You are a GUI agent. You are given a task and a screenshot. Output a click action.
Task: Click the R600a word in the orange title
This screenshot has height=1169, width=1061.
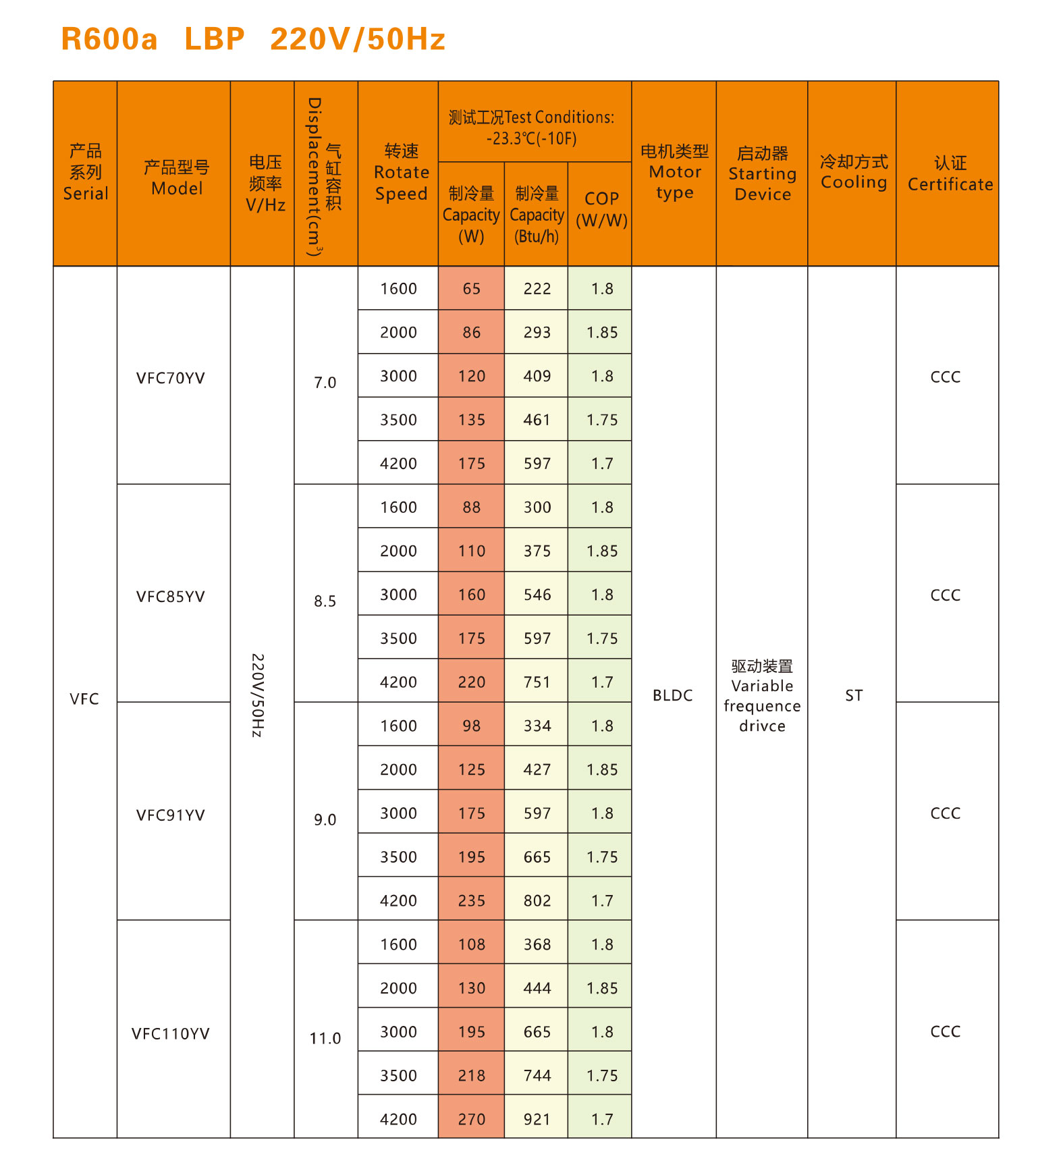pyautogui.click(x=109, y=39)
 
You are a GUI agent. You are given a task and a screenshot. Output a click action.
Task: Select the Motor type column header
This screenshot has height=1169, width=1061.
pyautogui.click(x=674, y=173)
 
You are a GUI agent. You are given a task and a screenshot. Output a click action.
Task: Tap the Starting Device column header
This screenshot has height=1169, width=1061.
pyautogui.click(x=762, y=174)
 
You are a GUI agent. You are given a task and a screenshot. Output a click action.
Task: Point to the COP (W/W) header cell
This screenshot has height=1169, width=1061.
pyautogui.click(x=601, y=210)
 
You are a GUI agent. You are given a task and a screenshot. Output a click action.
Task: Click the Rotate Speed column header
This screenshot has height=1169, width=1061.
pyautogui.click(x=401, y=173)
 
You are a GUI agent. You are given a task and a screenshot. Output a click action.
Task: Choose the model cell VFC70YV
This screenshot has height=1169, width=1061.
pyautogui.click(x=171, y=378)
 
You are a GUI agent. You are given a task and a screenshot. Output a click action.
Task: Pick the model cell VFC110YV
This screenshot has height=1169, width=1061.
pyautogui.click(x=171, y=1033)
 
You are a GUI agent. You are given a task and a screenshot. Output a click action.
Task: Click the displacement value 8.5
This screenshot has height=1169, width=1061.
pyautogui.click(x=325, y=601)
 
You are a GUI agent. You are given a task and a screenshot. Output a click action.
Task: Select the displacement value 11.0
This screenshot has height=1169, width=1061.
pyautogui.click(x=325, y=1038)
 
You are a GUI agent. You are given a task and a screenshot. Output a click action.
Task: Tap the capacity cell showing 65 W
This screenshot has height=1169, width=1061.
pyautogui.click(x=471, y=289)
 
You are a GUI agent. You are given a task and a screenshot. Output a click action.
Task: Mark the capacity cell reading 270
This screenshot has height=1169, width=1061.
pyautogui.click(x=471, y=1119)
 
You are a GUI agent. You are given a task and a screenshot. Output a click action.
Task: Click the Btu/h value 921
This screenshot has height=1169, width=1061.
pyautogui.click(x=537, y=1119)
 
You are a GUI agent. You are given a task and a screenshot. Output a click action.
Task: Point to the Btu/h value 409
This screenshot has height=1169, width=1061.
pyautogui.click(x=537, y=376)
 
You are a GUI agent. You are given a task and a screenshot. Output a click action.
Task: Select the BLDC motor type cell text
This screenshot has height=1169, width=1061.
pyautogui.click(x=672, y=695)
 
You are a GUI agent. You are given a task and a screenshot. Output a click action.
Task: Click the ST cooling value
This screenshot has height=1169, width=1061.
pyautogui.click(x=854, y=695)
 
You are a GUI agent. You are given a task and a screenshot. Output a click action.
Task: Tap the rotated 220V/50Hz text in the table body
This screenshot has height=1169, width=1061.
pyautogui.click(x=257, y=695)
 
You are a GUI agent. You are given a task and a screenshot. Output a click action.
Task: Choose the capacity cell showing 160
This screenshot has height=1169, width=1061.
pyautogui.click(x=471, y=595)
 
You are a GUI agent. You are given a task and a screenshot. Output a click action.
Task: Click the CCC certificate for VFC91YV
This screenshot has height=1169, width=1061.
pyautogui.click(x=945, y=813)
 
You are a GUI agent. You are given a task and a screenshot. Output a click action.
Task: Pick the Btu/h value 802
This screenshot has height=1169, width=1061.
pyautogui.click(x=537, y=900)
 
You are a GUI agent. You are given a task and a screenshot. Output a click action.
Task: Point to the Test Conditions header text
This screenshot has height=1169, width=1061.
pyautogui.click(x=532, y=128)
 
